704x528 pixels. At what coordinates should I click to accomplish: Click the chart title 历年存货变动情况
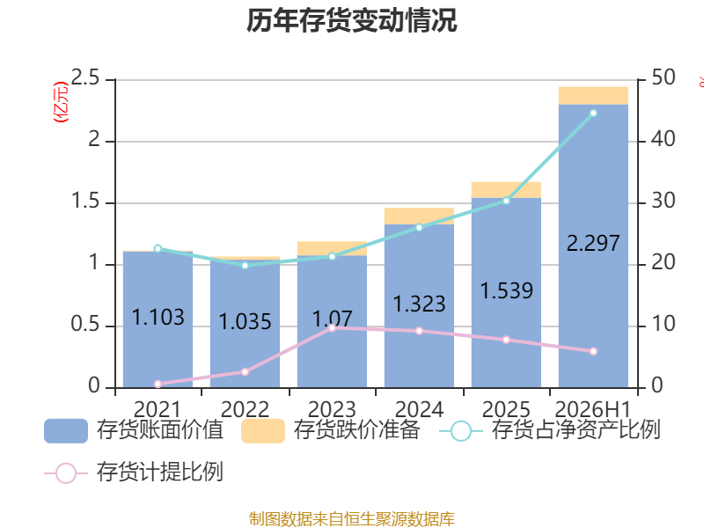tap(351, 20)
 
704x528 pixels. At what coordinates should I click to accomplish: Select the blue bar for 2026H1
tap(593, 246)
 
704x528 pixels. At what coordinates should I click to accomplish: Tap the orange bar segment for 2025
tap(506, 190)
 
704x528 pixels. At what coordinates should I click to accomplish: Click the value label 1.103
tap(158, 317)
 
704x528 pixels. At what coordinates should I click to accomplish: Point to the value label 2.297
tap(593, 244)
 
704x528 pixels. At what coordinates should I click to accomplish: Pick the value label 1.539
tap(507, 290)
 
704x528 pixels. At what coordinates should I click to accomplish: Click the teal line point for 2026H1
tap(593, 114)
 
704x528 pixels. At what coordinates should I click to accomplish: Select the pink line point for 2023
tap(332, 327)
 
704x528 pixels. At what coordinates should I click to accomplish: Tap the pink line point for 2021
tap(158, 384)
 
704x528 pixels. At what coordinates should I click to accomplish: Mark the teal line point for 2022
tap(245, 266)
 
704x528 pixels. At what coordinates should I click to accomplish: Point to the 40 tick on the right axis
tap(664, 139)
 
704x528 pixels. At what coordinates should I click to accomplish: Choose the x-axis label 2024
tap(419, 409)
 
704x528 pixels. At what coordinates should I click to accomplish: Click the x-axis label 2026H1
tap(593, 409)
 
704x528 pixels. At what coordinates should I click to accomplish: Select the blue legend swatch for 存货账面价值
tap(66, 431)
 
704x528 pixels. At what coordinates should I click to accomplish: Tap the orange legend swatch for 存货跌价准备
tap(263, 431)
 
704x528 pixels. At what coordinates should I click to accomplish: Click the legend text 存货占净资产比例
tap(576, 429)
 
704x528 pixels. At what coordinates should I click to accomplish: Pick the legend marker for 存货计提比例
tap(66, 473)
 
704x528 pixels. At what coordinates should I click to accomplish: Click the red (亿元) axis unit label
tap(61, 102)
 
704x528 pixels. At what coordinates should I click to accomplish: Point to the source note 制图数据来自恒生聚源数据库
tap(351, 519)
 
